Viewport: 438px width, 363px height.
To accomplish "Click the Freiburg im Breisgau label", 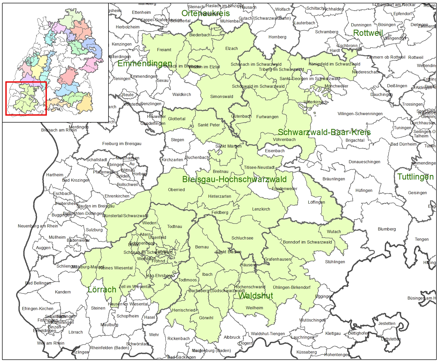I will [x=122, y=144].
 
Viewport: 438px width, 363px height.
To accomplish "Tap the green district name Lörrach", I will [x=102, y=290].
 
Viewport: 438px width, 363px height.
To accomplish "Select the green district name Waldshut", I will [x=256, y=296].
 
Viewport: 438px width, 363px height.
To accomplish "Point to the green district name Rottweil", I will [x=368, y=33].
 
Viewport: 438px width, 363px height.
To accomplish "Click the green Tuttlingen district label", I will [x=415, y=177].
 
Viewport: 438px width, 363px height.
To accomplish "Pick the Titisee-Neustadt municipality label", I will [x=259, y=168].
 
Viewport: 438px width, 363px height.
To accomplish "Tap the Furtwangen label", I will [x=267, y=117].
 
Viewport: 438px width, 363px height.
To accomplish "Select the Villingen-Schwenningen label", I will [x=360, y=114].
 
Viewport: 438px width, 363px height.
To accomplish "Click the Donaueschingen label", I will [x=364, y=162].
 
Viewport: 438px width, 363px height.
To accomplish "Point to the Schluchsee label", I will [x=242, y=238].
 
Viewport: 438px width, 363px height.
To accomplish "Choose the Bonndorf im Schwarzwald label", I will [x=307, y=242].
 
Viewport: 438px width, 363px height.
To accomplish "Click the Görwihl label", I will [x=206, y=318].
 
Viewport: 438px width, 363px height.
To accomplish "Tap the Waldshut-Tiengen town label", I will [x=268, y=334].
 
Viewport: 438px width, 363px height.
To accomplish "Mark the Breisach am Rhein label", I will [x=59, y=130].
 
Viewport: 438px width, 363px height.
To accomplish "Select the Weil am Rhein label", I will [x=51, y=343].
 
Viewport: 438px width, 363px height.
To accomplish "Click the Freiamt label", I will [x=164, y=50].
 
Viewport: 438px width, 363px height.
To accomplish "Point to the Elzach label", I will [x=232, y=49].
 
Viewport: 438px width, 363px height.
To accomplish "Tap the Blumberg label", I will [x=387, y=229].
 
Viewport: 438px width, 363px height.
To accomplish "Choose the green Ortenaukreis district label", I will [x=206, y=13].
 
